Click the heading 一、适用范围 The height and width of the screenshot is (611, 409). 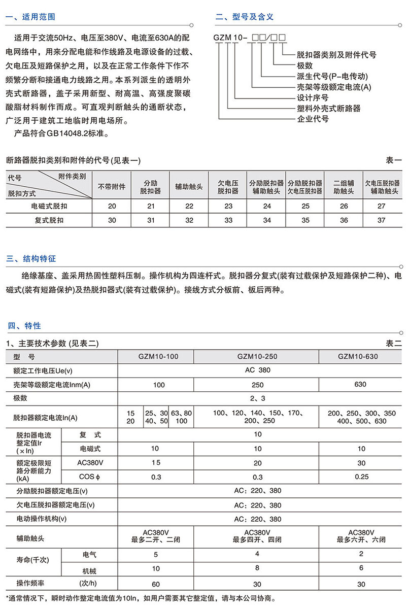30,17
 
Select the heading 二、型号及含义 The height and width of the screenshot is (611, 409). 245,17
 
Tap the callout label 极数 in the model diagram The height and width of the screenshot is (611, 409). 304,65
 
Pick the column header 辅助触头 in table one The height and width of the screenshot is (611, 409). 189,187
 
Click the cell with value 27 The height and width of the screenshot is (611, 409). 382,206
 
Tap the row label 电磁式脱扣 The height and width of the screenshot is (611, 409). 49,206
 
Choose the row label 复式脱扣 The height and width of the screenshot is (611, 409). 49,220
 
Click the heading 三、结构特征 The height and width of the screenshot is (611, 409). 30,258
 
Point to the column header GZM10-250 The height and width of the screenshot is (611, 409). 257,356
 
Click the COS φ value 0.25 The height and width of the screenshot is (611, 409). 361,477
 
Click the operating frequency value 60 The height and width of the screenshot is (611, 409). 156,584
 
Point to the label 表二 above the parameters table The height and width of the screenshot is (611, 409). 394,344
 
